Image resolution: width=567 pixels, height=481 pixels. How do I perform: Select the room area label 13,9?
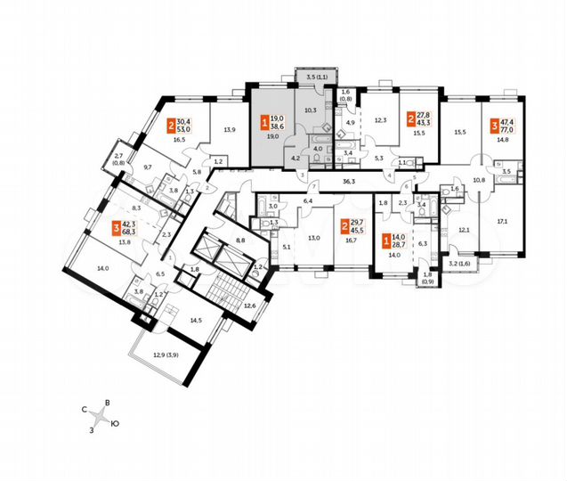point(230,130)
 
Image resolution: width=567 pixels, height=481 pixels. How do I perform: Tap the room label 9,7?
point(147,167)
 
